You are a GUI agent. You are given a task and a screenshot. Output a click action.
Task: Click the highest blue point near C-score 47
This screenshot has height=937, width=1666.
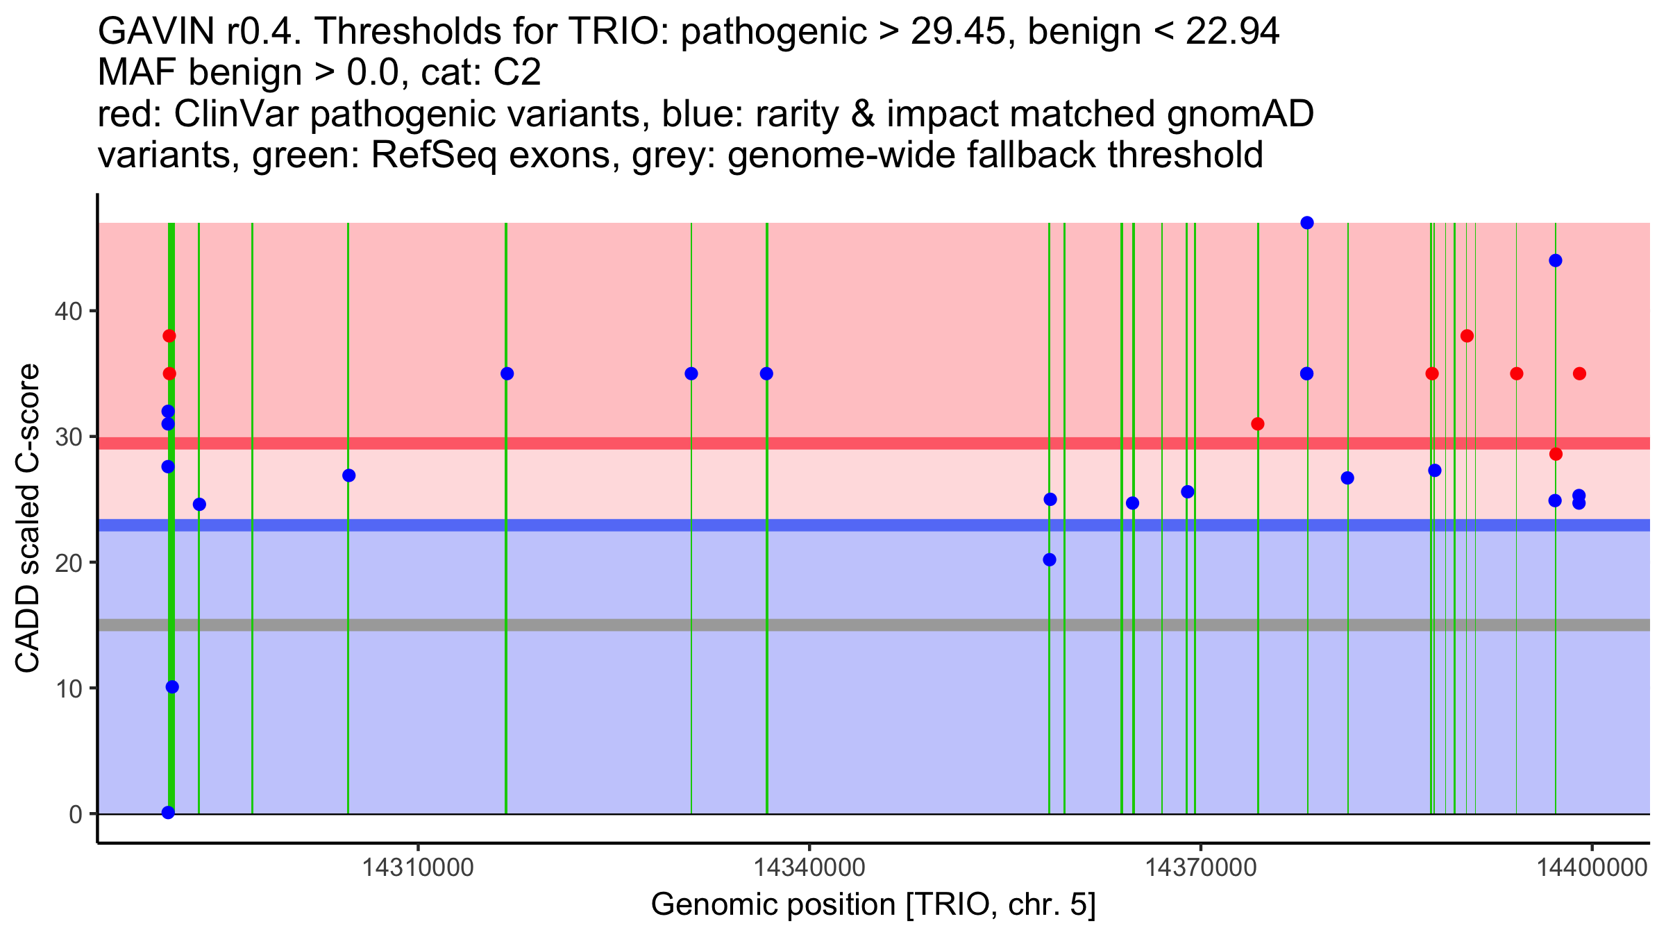tap(1307, 223)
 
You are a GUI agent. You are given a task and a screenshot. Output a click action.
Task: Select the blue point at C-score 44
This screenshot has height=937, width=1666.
tap(1556, 260)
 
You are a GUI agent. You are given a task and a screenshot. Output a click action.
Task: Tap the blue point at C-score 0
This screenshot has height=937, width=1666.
tap(168, 812)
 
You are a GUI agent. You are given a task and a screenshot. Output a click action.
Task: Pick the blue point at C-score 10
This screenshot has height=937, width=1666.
tap(172, 686)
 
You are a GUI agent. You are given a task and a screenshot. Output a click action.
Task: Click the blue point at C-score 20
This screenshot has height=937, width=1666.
tap(1050, 559)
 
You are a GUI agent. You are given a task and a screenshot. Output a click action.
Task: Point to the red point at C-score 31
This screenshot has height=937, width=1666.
tap(1258, 423)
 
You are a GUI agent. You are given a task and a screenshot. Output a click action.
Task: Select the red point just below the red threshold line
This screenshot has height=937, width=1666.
tap(1556, 454)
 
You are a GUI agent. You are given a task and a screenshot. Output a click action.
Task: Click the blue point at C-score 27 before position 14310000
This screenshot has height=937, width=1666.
tap(349, 475)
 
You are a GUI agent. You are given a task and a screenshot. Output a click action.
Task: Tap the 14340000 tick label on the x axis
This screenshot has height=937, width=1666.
tap(809, 868)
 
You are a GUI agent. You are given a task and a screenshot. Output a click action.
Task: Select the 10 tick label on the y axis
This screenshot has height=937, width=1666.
tap(67, 688)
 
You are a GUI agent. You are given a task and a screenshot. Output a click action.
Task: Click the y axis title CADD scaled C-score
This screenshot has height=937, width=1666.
tap(28, 518)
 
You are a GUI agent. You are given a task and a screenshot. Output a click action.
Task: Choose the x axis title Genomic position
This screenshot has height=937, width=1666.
tap(873, 905)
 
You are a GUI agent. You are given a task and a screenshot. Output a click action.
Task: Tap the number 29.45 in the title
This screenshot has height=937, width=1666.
tap(964, 31)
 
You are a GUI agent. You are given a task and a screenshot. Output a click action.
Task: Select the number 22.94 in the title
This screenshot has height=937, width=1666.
tap(1232, 31)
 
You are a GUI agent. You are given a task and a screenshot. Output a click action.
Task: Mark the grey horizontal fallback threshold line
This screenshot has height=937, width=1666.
tap(874, 625)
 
